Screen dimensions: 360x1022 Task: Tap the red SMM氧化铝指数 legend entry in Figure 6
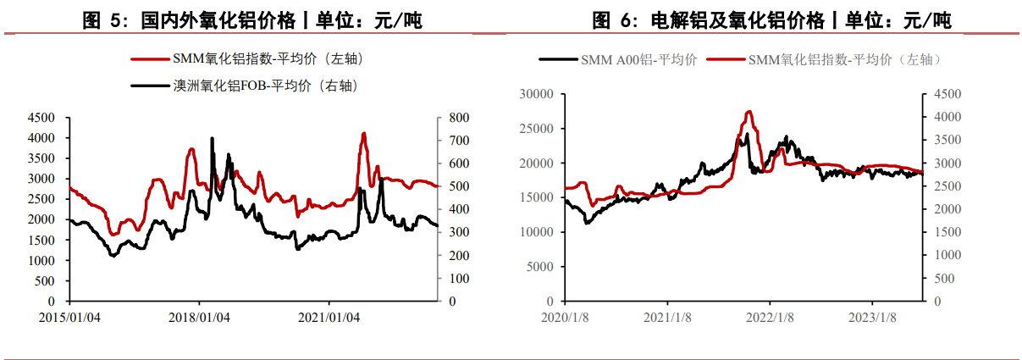click(825, 59)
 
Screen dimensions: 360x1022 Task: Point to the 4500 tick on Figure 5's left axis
click(43, 117)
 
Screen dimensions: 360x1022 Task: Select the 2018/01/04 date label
click(199, 318)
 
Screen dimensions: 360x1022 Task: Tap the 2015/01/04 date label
click(70, 318)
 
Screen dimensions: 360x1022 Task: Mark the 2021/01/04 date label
click(329, 318)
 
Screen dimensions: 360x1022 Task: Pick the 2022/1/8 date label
click(770, 318)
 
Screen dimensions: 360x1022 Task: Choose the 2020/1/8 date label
click(565, 318)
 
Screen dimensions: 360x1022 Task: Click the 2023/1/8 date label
click(873, 318)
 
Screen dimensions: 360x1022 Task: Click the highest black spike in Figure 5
click(211, 138)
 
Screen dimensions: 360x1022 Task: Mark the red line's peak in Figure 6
click(749, 112)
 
